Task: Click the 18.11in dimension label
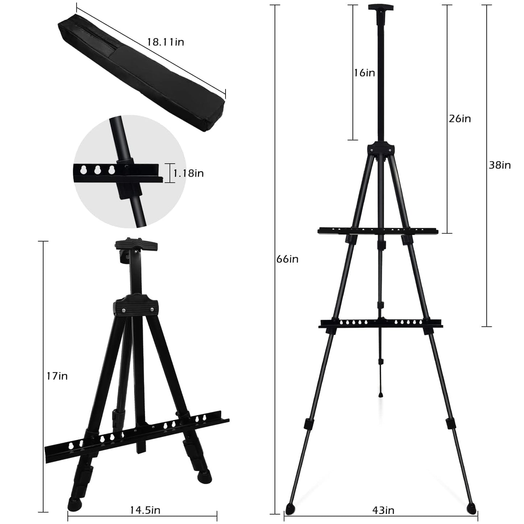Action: click(x=166, y=42)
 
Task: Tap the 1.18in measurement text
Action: click(x=189, y=173)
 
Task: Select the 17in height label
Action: click(x=57, y=376)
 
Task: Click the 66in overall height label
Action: click(x=288, y=259)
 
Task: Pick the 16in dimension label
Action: click(x=364, y=73)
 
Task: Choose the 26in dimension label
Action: click(x=460, y=119)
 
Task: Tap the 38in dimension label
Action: click(x=500, y=165)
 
